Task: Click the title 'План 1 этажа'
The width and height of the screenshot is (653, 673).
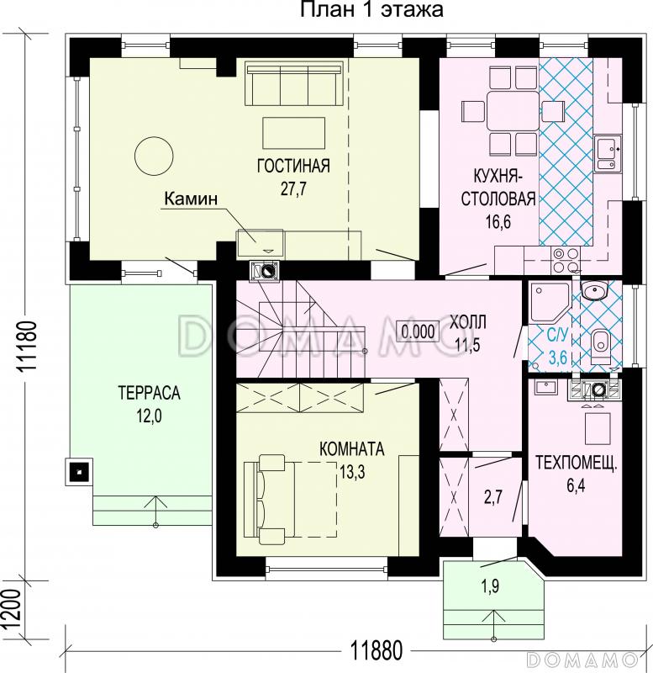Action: (371, 9)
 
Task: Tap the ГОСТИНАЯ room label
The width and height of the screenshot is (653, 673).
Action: (293, 166)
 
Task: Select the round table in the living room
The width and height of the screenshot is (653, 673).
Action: (154, 156)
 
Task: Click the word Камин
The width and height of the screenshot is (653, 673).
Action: (192, 199)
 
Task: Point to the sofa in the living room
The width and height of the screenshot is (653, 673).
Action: (294, 83)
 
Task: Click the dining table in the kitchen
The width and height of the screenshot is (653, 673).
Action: (513, 110)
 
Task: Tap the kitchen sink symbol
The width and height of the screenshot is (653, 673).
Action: (608, 153)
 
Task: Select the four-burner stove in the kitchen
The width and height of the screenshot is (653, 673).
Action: (566, 260)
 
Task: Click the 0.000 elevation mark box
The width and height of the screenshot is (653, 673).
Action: (418, 331)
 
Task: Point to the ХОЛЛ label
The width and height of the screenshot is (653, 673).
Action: (467, 321)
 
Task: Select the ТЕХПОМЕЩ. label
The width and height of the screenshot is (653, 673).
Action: (577, 464)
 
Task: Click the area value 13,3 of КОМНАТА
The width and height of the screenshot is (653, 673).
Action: (352, 472)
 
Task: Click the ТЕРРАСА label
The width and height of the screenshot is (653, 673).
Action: (150, 393)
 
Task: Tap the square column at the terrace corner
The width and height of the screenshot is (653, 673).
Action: (79, 472)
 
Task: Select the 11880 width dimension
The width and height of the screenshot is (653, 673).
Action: (377, 650)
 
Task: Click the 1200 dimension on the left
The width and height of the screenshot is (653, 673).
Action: (11, 609)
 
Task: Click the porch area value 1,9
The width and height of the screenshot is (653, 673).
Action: (491, 586)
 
